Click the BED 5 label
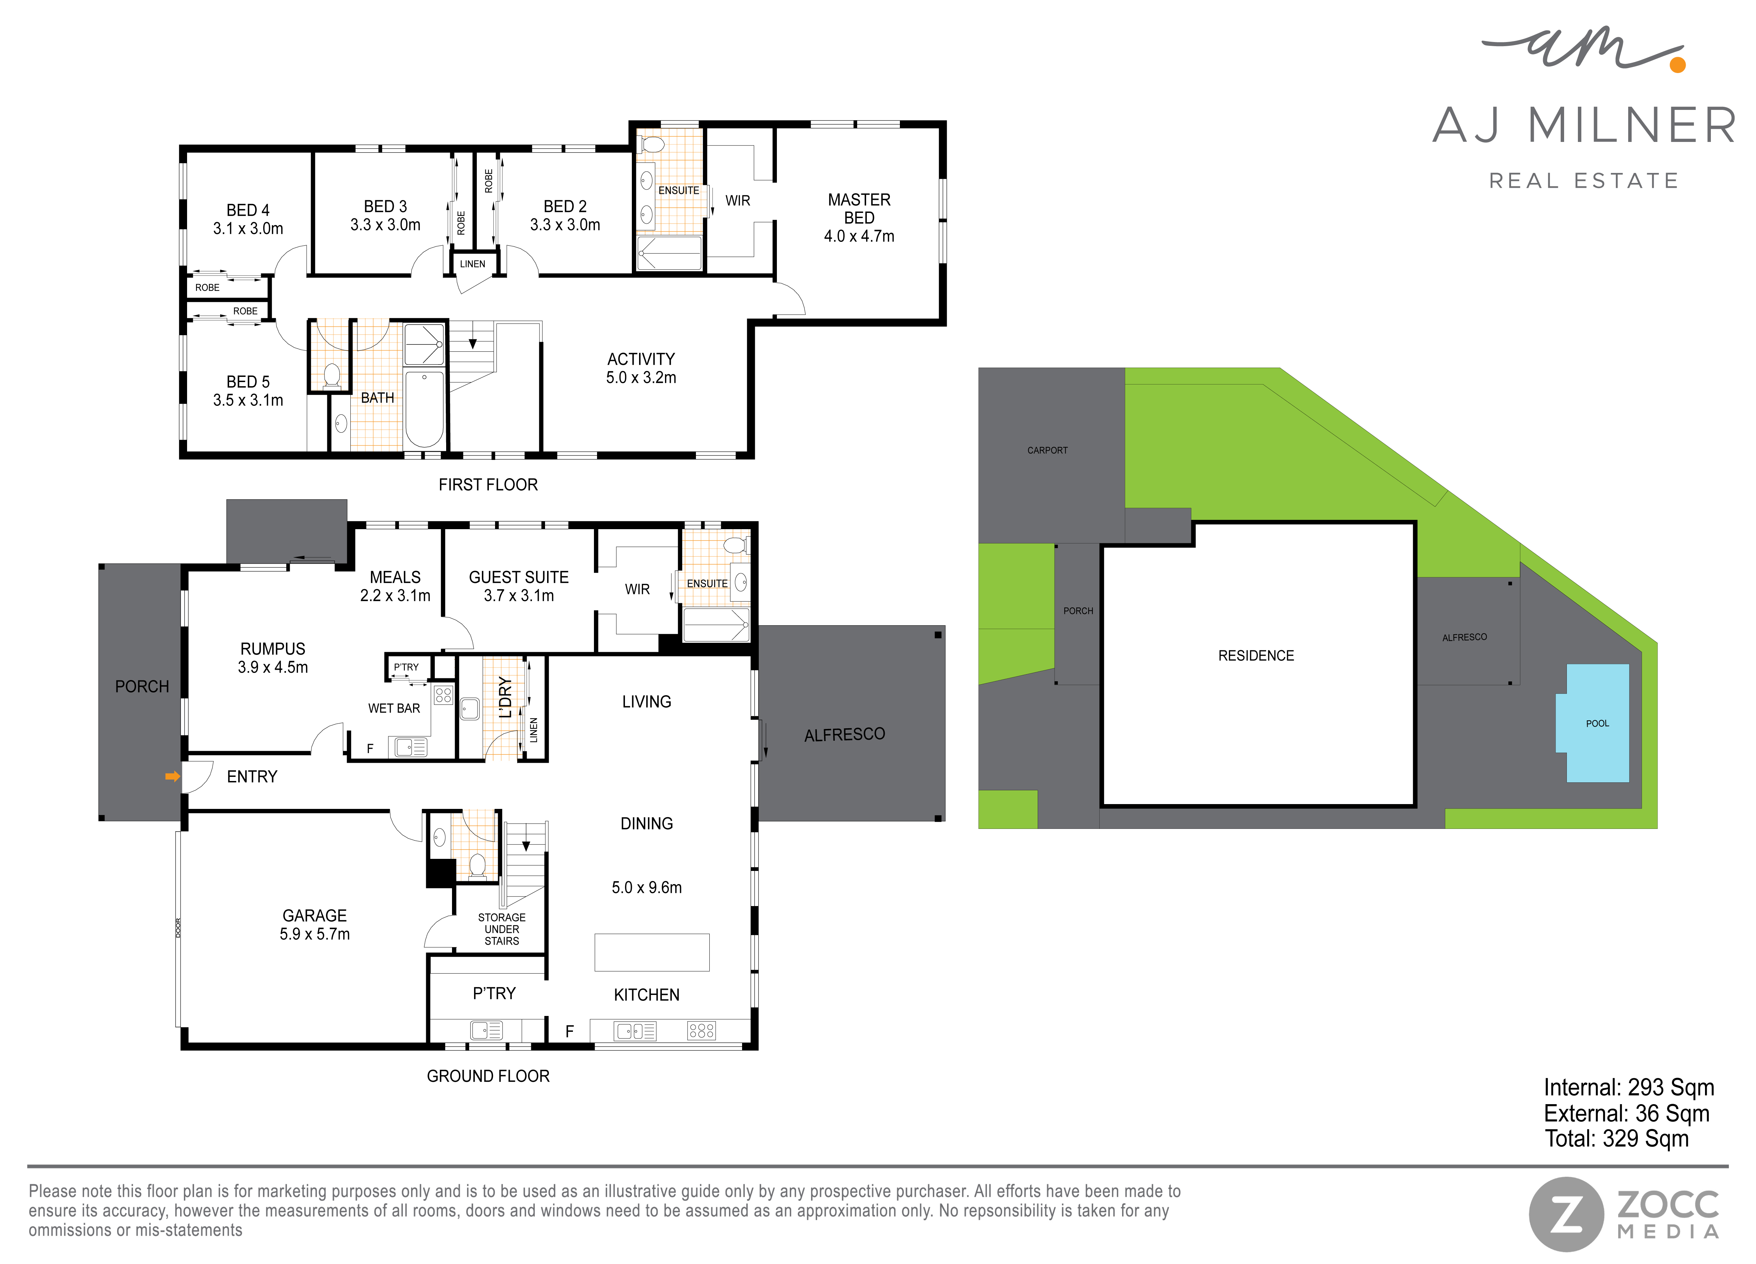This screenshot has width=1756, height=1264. pos(248,382)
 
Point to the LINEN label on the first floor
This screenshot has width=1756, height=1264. pos(472,264)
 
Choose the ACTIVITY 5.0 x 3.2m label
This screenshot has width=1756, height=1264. pos(641,368)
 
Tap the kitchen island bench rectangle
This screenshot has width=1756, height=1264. pos(652,952)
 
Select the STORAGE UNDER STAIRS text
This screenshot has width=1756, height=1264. pos(502,929)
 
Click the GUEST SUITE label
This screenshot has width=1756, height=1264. pos(519,577)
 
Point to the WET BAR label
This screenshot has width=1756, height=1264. pos(394,708)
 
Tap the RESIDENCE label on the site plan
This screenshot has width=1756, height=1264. pos(1256,656)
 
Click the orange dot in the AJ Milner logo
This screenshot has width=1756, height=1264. pos(1678,65)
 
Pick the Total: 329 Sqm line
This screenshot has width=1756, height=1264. pos(1616,1139)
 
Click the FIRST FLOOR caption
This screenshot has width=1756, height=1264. pos(488,484)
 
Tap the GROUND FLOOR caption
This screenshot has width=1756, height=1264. pos(488,1076)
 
